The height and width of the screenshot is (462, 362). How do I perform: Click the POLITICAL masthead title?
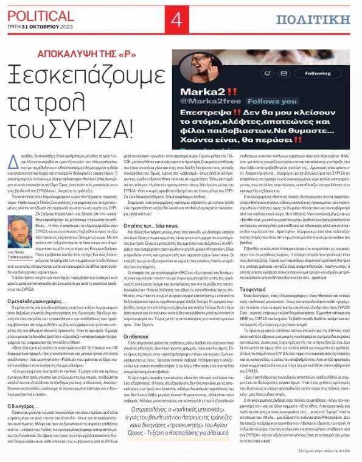[37, 9]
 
